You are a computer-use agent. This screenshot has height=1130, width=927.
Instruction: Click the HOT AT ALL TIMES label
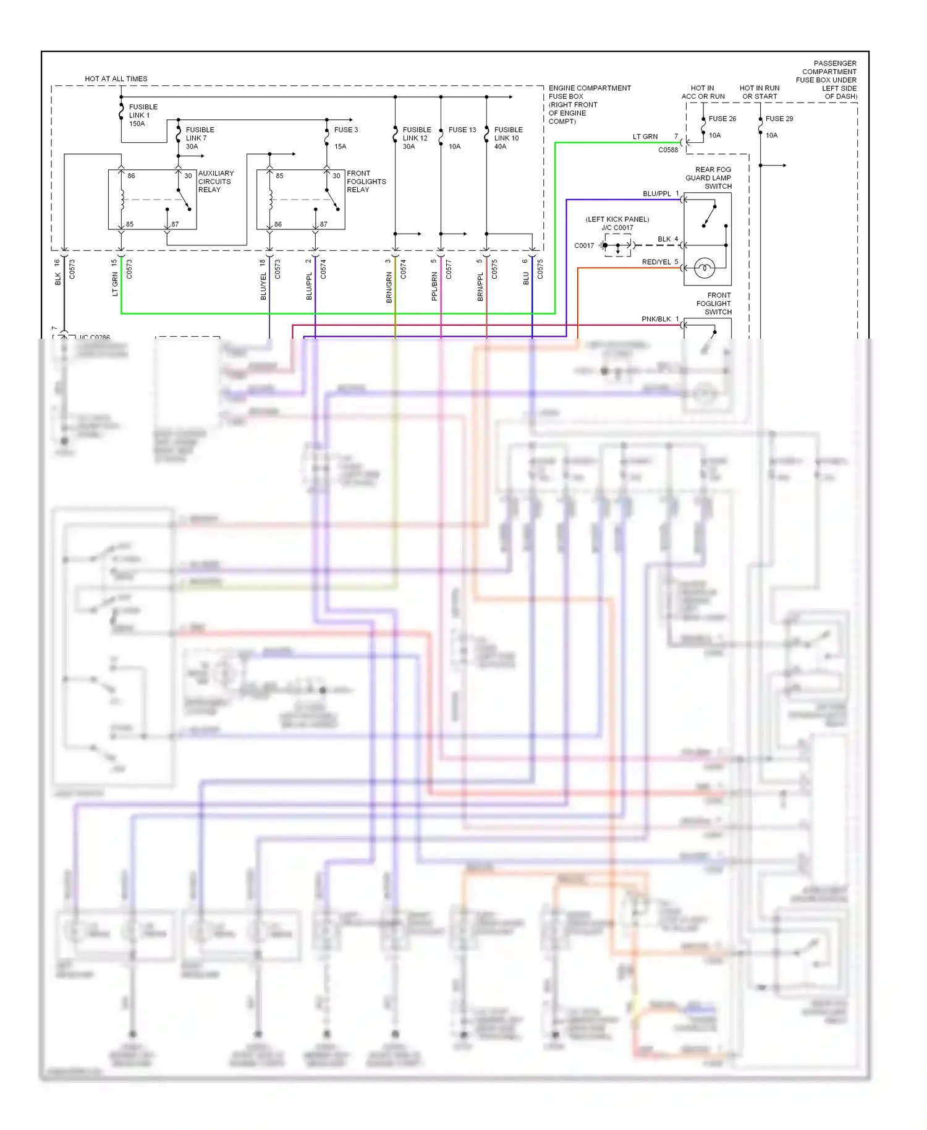pyautogui.click(x=116, y=79)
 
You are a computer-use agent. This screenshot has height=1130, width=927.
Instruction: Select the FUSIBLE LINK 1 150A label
pyautogui.click(x=142, y=115)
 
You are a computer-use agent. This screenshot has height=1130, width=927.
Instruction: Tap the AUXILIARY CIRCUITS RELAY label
pyautogui.click(x=215, y=181)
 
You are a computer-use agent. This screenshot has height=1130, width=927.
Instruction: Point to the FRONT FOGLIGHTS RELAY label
pyautogui.click(x=365, y=181)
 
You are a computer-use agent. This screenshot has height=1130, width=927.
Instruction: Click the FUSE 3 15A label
pyautogui.click(x=345, y=138)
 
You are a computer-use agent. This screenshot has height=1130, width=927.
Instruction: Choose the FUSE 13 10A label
pyautogui.click(x=462, y=138)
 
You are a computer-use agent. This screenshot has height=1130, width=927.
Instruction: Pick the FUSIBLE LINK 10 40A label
pyautogui.click(x=508, y=138)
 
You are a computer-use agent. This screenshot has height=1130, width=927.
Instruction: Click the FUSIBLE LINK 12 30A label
pyautogui.click(x=417, y=138)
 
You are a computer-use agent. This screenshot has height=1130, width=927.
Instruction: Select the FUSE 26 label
pyautogui.click(x=722, y=119)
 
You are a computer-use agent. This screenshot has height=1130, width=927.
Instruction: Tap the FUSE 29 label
pyautogui.click(x=779, y=119)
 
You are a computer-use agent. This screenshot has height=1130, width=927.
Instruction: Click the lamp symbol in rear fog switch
pyautogui.click(x=705, y=268)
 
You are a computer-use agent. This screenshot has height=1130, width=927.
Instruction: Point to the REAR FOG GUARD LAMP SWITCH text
pyautogui.click(x=711, y=177)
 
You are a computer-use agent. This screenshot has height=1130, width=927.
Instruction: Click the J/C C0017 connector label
pyautogui.click(x=617, y=227)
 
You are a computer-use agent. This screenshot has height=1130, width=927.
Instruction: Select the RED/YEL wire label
pyautogui.click(x=656, y=262)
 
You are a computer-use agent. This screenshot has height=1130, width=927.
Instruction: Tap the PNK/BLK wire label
pyautogui.click(x=656, y=319)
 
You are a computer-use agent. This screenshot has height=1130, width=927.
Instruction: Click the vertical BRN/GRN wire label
pyautogui.click(x=389, y=287)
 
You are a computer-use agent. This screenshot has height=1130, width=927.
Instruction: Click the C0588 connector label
pyautogui.click(x=667, y=150)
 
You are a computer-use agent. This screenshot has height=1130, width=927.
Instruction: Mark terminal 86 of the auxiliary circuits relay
pyautogui.click(x=131, y=176)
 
